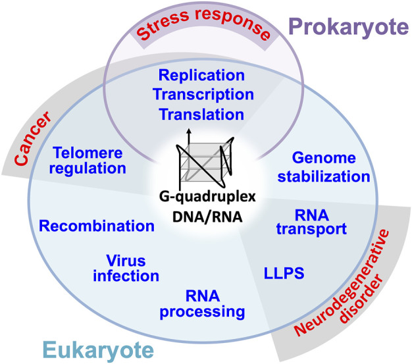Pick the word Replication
tap(192, 74)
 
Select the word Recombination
tap(97, 226)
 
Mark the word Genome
tap(323, 159)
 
